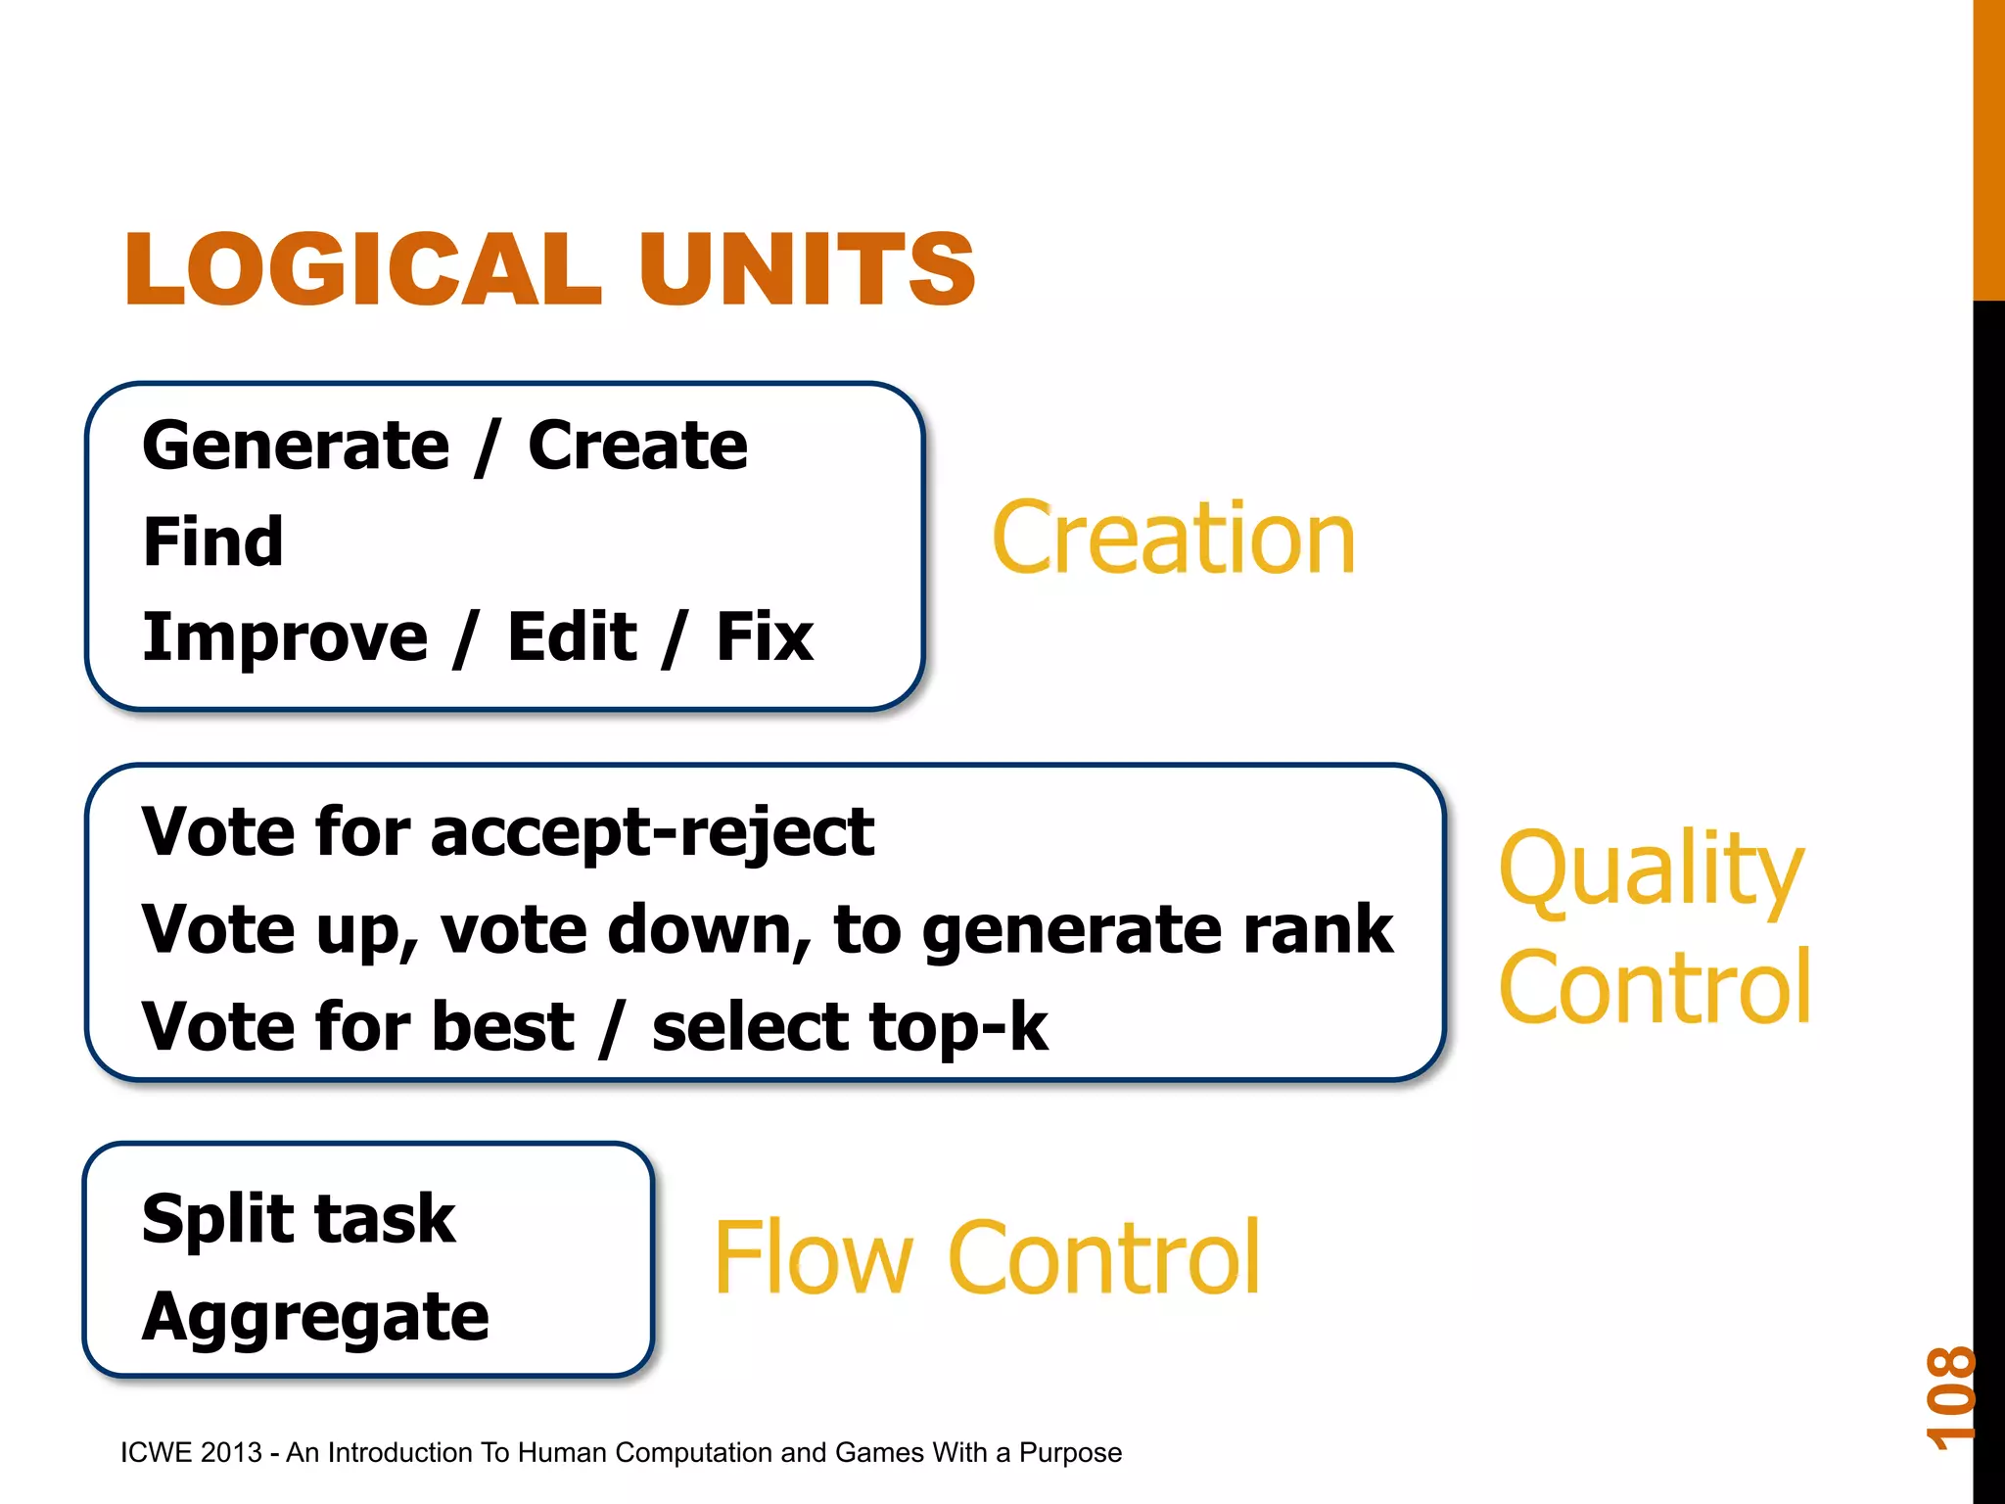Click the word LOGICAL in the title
[x=362, y=269]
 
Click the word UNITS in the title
[x=807, y=269]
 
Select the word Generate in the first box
[x=296, y=446]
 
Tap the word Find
[x=213, y=541]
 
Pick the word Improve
[x=285, y=637]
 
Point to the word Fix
[x=765, y=637]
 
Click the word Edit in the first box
[x=572, y=637]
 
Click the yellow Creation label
[x=1173, y=538]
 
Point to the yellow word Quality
[x=1651, y=869]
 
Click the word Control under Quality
[x=1655, y=988]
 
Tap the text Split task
[x=299, y=1220]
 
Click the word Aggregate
[x=315, y=1317]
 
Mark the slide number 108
[x=1950, y=1397]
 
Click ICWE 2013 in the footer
[x=191, y=1452]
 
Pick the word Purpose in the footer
[x=1070, y=1453]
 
